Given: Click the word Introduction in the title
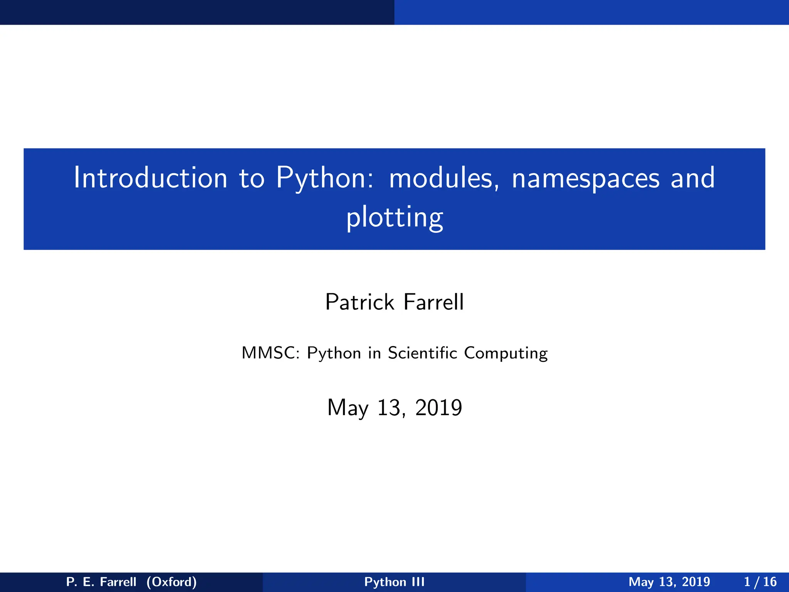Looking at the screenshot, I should (151, 178).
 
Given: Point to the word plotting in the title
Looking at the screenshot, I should (394, 218).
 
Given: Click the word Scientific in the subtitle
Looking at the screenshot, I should (422, 353).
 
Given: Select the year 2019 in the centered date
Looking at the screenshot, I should (438, 408).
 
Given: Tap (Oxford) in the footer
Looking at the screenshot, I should (172, 582).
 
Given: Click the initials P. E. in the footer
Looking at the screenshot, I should (80, 582).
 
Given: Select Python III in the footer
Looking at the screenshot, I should (394, 582).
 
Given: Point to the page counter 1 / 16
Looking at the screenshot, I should (760, 582).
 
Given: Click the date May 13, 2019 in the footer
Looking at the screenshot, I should (669, 582).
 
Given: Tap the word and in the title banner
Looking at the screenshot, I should (692, 178).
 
